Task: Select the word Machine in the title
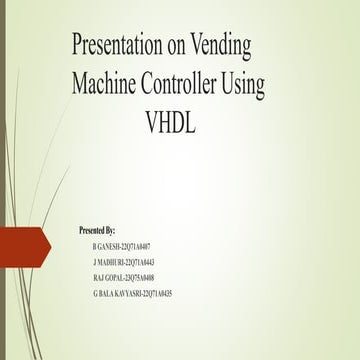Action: (x=109, y=86)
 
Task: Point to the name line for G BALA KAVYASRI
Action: (x=135, y=294)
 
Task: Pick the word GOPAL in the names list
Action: (x=112, y=278)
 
